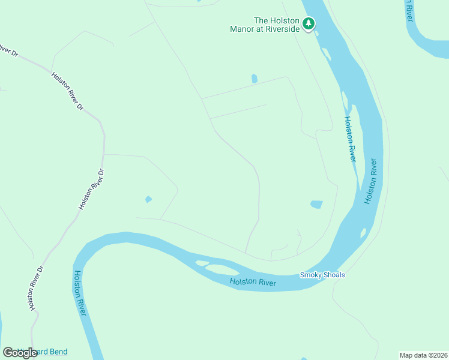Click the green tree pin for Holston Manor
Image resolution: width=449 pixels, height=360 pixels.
tap(309, 23)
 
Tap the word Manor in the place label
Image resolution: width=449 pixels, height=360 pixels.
tap(244, 29)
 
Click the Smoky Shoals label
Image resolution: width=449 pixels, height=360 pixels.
tap(322, 275)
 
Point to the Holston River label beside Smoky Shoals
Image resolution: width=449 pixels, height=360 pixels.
tap(253, 281)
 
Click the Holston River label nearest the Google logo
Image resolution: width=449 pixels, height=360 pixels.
tap(81, 293)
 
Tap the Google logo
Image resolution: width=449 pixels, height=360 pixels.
tap(20, 353)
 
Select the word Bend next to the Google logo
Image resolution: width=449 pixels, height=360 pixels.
tap(58, 352)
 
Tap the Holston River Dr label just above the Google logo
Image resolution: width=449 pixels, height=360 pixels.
tap(36, 288)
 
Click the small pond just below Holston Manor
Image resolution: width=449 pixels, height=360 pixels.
tap(255, 79)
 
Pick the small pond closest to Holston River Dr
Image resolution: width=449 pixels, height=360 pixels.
tap(148, 199)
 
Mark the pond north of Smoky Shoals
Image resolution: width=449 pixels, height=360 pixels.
tap(316, 205)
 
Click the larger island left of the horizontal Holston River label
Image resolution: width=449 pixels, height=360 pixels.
tap(223, 268)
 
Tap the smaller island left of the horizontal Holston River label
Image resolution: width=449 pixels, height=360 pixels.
tap(201, 263)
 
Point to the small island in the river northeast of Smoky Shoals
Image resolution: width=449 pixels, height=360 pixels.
tap(363, 233)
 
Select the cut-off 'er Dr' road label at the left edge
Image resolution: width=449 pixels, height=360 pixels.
tap(8, 50)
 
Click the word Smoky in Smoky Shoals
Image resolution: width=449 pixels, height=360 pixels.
tap(310, 275)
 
